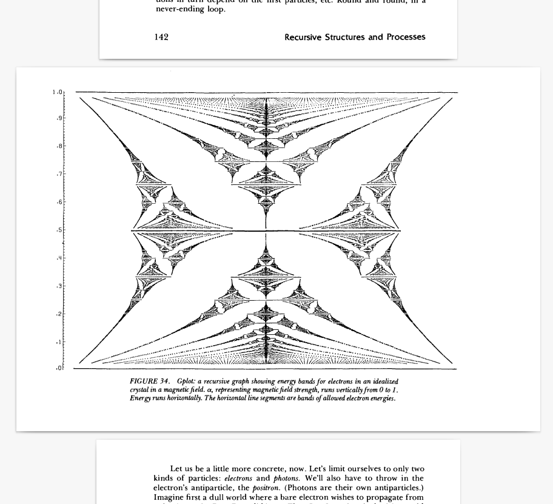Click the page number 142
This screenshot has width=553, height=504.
point(161,37)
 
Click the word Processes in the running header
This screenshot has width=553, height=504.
point(406,37)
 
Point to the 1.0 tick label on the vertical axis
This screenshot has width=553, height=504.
point(57,92)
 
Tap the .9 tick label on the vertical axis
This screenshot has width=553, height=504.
point(59,118)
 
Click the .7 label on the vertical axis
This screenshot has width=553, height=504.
point(59,174)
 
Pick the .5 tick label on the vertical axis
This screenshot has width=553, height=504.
point(59,230)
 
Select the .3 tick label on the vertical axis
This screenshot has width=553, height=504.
point(59,286)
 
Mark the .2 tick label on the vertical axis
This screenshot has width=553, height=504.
point(59,314)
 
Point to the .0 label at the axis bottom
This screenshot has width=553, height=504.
point(59,368)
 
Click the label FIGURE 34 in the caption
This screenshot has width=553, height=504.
point(149,381)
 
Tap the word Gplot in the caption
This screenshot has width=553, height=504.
point(186,381)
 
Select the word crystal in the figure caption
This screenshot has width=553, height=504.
point(139,390)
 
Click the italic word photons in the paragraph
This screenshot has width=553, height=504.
point(286,478)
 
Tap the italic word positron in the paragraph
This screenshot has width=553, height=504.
point(266,488)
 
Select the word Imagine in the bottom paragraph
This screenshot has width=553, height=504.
point(168,497)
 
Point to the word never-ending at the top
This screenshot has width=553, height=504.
point(177,9)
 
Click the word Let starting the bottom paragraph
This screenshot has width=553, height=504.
point(176,469)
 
